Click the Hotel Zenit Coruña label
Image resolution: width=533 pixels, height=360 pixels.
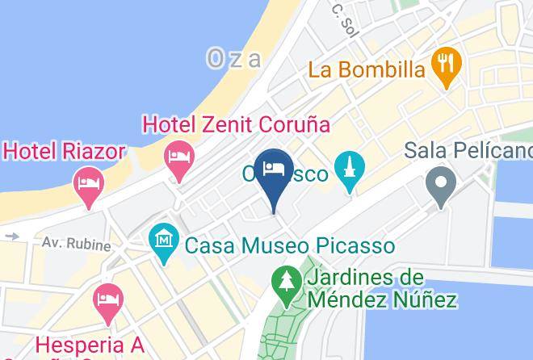click(x=237, y=125)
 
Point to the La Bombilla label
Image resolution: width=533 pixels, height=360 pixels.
click(x=367, y=69)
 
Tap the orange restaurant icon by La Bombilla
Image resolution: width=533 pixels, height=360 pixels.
click(x=445, y=63)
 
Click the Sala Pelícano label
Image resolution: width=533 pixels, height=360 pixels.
click(x=468, y=150)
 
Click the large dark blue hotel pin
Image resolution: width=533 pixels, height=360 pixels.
click(x=274, y=172)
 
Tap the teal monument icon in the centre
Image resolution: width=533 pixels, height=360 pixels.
click(x=350, y=171)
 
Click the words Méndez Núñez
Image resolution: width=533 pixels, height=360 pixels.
click(x=382, y=300)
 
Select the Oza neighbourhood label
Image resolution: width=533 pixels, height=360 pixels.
click(x=235, y=58)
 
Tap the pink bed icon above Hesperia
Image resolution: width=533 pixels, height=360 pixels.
click(x=108, y=299)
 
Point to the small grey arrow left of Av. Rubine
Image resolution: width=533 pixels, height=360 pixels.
click(x=11, y=237)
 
